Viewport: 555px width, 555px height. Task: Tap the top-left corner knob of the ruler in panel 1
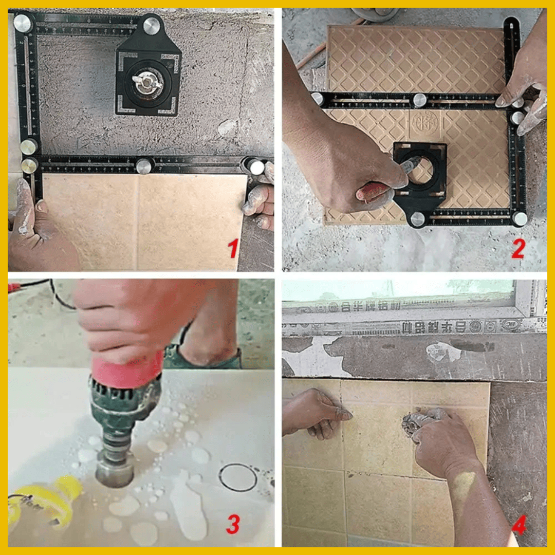click(x=22, y=22)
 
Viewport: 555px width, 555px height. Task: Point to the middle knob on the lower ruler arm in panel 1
click(x=144, y=166)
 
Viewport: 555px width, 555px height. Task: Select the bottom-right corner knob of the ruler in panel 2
click(x=520, y=219)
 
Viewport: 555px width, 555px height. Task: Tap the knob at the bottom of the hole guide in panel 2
click(x=417, y=219)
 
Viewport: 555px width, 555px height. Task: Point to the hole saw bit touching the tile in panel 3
click(x=114, y=470)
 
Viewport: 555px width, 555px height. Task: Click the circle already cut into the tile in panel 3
click(x=237, y=477)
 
